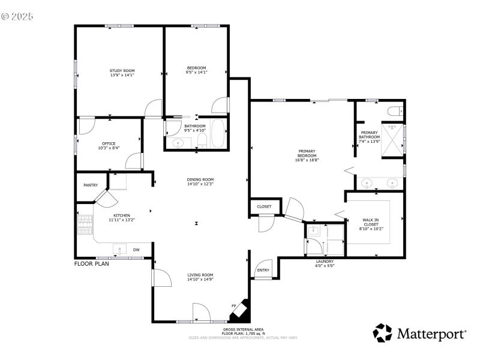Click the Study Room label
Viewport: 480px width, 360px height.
[122, 71]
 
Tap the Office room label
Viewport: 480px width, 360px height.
[109, 143]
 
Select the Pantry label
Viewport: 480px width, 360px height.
[91, 185]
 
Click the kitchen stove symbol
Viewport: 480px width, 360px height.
[85, 226]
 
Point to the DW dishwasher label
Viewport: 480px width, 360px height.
[136, 250]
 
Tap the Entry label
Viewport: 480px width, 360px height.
[263, 270]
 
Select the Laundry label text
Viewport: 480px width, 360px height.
[325, 262]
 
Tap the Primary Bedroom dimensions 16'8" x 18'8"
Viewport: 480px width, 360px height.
[307, 160]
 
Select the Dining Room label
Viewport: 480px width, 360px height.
[200, 179]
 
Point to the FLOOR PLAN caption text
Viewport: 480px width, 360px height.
[92, 263]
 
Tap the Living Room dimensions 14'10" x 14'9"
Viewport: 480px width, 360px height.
[200, 279]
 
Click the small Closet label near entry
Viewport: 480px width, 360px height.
[264, 206]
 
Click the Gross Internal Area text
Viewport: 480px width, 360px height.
[244, 329]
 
